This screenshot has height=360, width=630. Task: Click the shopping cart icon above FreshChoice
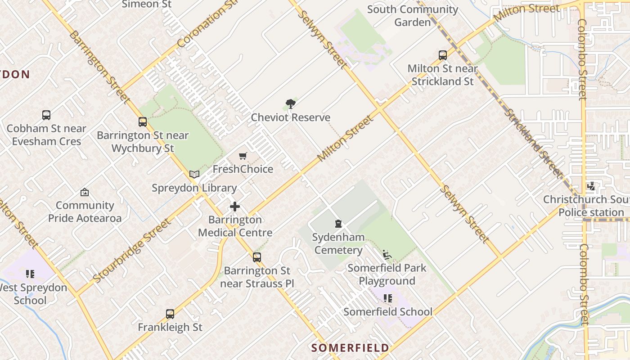243,156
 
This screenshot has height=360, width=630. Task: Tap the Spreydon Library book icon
194,175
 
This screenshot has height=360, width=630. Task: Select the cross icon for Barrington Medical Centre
235,207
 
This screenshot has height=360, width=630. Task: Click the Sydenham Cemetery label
338,243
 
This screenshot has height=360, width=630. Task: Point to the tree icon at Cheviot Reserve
291,104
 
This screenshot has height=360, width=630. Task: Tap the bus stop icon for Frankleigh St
170,314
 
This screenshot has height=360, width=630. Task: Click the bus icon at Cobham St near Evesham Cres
46,115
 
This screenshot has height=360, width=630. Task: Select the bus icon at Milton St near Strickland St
443,55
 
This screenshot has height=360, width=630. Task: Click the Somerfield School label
388,311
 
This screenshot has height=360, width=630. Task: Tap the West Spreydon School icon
30,274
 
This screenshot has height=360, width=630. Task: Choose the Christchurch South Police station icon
591,186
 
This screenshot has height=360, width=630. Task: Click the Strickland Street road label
533,143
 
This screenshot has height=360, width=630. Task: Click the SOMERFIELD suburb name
350,348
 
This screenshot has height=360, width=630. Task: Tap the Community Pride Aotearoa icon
84,193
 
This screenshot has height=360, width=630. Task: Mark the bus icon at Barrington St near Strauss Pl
256,257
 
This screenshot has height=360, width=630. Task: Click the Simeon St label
147,4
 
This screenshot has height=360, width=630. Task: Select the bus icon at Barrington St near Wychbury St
143,122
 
